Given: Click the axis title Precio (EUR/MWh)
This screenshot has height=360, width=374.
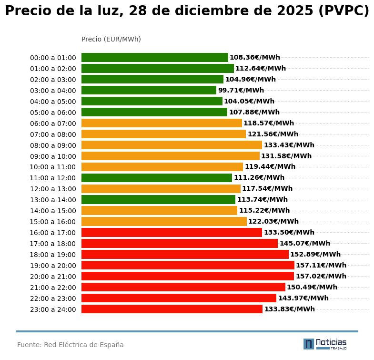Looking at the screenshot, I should click(x=111, y=39).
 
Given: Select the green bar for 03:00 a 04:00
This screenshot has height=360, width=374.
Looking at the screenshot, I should click(x=149, y=90).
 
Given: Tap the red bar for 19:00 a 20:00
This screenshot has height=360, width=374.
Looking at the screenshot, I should click(x=188, y=265).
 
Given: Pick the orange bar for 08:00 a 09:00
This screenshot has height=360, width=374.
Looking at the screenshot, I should click(x=172, y=145).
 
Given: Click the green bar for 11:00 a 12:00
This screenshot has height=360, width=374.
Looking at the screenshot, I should click(x=156, y=178).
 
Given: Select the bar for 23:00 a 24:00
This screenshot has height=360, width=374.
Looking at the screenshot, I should click(x=172, y=309).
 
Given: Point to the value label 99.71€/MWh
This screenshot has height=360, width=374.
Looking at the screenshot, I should click(x=241, y=90).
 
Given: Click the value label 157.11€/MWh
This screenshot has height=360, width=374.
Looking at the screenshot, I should click(x=321, y=265).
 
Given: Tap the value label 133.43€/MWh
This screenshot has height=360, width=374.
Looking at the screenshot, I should click(x=289, y=145).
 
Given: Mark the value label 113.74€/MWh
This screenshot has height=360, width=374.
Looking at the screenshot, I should click(x=262, y=200).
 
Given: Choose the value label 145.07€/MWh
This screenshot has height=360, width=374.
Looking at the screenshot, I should click(x=304, y=243).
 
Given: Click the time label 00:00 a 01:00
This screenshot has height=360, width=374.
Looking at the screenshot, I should click(x=53, y=58).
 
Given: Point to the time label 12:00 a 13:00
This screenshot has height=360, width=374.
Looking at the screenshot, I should click(x=53, y=189).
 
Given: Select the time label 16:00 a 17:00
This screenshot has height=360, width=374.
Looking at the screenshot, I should click(x=53, y=233).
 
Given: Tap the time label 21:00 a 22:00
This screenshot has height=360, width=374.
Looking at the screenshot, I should click(x=53, y=288).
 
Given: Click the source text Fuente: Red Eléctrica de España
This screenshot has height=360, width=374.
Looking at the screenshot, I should click(x=71, y=345).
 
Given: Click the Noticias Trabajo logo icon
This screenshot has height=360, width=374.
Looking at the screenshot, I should click(x=309, y=344).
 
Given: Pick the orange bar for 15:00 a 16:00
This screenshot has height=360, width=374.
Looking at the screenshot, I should click(x=164, y=222).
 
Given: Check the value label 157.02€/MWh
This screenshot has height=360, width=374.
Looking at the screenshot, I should click(x=321, y=276).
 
